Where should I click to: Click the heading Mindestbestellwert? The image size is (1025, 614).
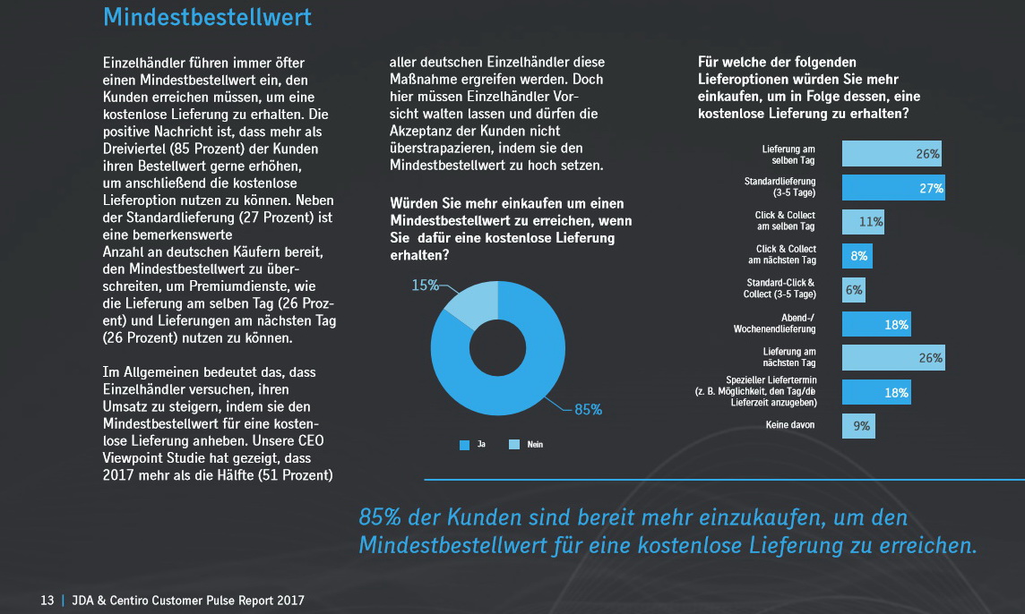(x=208, y=16)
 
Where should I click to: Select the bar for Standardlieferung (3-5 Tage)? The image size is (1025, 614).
(x=892, y=187)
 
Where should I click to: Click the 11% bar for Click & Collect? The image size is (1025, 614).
(x=863, y=221)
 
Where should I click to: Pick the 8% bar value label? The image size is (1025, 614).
(x=859, y=256)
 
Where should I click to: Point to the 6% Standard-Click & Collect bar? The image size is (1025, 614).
(x=854, y=290)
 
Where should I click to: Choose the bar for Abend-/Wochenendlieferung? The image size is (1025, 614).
(x=876, y=324)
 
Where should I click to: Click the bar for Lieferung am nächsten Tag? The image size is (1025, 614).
(x=892, y=358)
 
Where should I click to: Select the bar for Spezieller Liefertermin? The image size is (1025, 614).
(x=876, y=392)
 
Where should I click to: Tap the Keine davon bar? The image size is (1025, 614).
(x=858, y=426)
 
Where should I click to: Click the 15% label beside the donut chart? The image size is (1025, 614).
(x=426, y=285)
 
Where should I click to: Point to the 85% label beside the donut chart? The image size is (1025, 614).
(x=588, y=410)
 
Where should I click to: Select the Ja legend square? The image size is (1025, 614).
(x=464, y=445)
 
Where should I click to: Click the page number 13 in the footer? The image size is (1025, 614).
(x=47, y=600)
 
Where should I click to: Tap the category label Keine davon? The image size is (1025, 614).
(x=790, y=425)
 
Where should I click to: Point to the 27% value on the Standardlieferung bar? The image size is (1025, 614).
(x=930, y=188)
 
